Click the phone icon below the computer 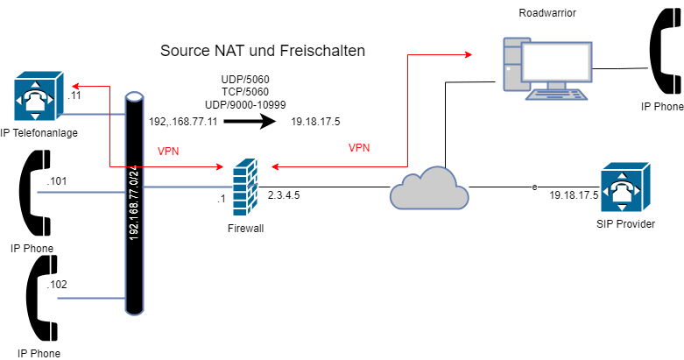click(624, 187)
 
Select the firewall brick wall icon click(245, 187)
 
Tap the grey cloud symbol click(428, 188)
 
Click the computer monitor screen click(557, 60)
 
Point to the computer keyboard click(557, 95)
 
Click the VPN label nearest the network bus click(168, 152)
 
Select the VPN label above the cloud click(359, 148)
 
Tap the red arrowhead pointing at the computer click(469, 54)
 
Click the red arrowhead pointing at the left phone click(75, 86)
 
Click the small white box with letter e click(534, 187)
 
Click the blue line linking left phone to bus click(93, 114)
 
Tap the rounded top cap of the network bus click(134, 97)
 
